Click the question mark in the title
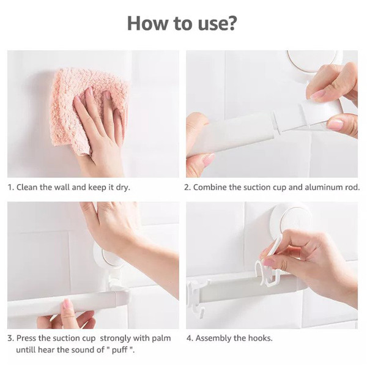pyautogui.click(x=231, y=23)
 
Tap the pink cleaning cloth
pyautogui.click(x=89, y=110)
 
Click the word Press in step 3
pyautogui.click(x=26, y=338)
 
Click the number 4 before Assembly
pyautogui.click(x=189, y=338)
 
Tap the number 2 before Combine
pyautogui.click(x=187, y=187)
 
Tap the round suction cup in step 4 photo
pyautogui.click(x=291, y=221)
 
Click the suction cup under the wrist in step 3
pyautogui.click(x=105, y=256)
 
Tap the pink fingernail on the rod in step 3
pyautogui.click(x=67, y=304)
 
